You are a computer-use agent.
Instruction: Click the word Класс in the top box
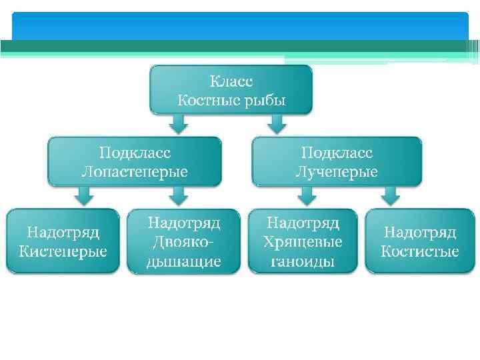pyautogui.click(x=231, y=81)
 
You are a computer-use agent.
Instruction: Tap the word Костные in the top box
pyautogui.click(x=205, y=101)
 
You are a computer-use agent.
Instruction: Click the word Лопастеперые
pyautogui.click(x=134, y=171)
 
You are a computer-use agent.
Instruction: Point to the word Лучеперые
pyautogui.click(x=336, y=171)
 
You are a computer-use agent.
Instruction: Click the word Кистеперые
pyautogui.click(x=63, y=251)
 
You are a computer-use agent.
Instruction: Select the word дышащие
pyautogui.click(x=183, y=261)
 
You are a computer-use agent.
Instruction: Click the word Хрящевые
pyautogui.click(x=303, y=241)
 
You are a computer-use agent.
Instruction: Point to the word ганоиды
pyautogui.click(x=303, y=261)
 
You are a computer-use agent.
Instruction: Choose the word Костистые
pyautogui.click(x=420, y=251)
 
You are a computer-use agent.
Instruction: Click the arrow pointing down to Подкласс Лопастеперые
pyautogui.click(x=176, y=123)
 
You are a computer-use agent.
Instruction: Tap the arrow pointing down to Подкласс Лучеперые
pyautogui.click(x=277, y=123)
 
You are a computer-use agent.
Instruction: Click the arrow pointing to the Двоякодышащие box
pyautogui.click(x=177, y=195)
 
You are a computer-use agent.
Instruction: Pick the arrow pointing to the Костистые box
pyautogui.click(x=390, y=195)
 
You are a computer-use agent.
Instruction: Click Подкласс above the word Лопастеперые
pyautogui.click(x=134, y=152)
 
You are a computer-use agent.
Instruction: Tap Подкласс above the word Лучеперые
pyautogui.click(x=336, y=152)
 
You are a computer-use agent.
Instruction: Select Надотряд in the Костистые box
pyautogui.click(x=420, y=232)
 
